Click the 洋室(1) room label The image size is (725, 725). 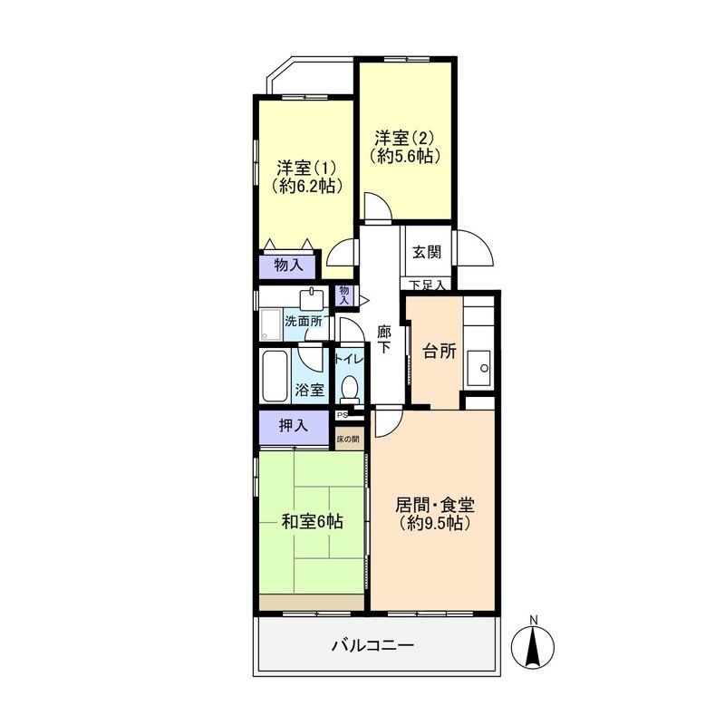(x=306, y=167)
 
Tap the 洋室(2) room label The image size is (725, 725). (x=404, y=138)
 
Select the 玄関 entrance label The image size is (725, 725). (x=427, y=253)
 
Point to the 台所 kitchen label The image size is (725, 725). (x=440, y=352)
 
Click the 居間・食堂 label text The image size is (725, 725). (x=435, y=505)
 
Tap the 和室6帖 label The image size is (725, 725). (x=312, y=522)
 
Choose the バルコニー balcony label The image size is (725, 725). (x=372, y=645)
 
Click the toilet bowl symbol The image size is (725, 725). (x=349, y=389)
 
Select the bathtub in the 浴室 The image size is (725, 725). (x=275, y=376)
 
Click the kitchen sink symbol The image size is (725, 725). (x=479, y=368)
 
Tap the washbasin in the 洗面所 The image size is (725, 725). (x=314, y=300)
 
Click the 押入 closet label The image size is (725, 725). (x=293, y=425)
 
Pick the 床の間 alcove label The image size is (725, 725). (x=348, y=440)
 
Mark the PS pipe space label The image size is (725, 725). (x=343, y=415)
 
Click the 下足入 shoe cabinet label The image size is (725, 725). (x=428, y=285)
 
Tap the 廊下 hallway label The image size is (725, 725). (x=383, y=339)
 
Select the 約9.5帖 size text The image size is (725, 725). (x=435, y=524)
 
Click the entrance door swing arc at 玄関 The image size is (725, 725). (x=481, y=247)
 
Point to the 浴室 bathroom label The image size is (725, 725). (x=309, y=390)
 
